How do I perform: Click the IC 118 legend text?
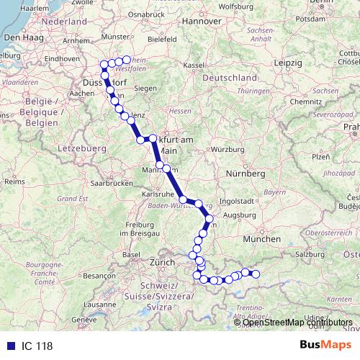coord(36,346)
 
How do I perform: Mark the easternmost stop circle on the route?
coord(255,274)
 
